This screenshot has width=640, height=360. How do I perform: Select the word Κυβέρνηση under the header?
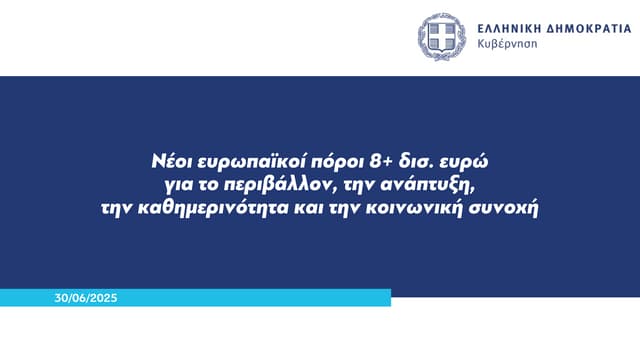[508, 47]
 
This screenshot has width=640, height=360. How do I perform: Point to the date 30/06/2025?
[87, 297]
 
